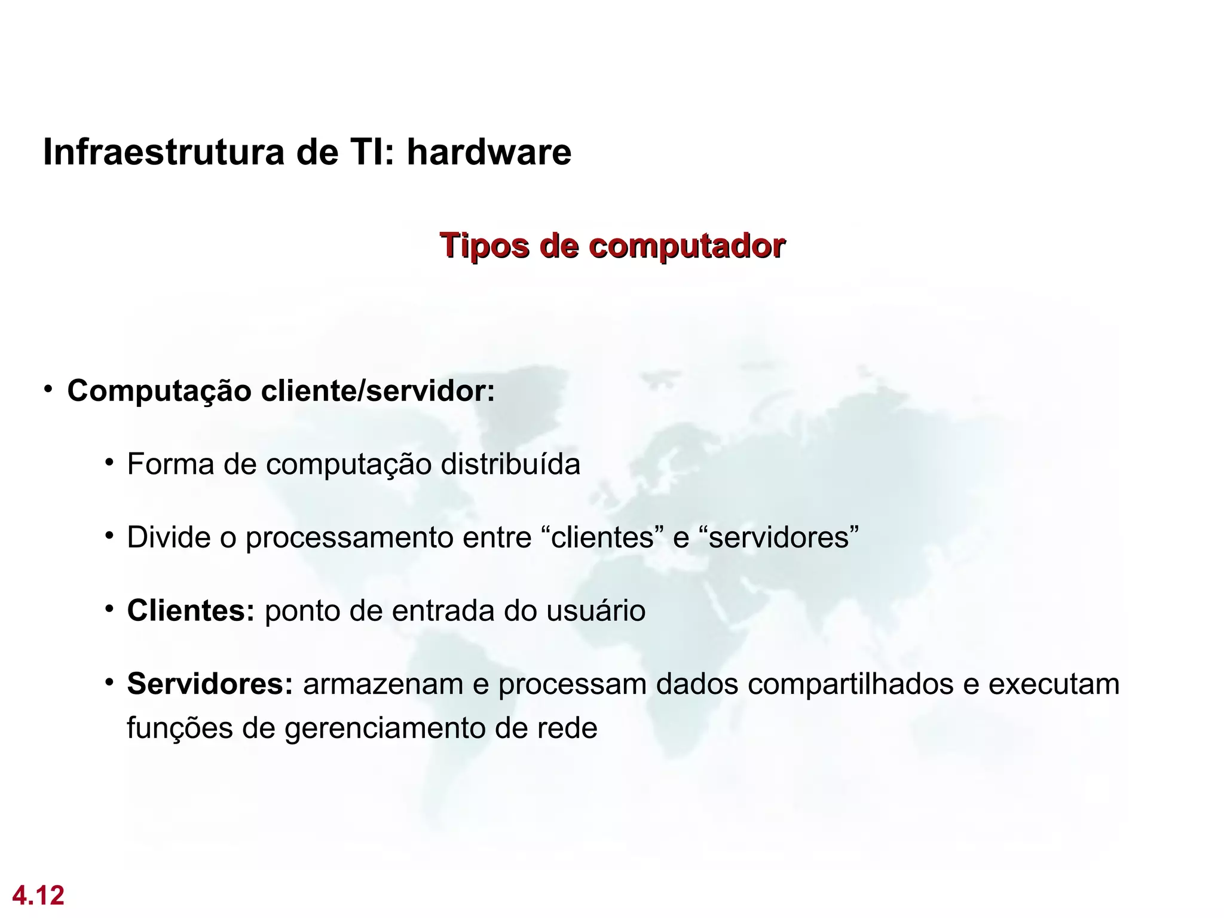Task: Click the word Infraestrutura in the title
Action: tap(164, 152)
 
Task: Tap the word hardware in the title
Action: tap(489, 152)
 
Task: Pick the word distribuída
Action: tap(510, 464)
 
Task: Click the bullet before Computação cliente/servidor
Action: tap(48, 390)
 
